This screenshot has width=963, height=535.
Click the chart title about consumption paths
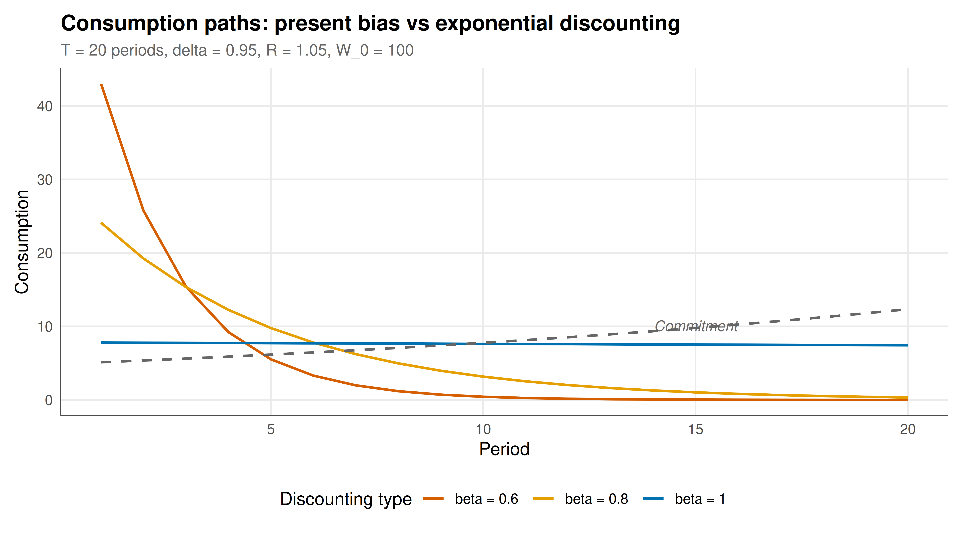pos(370,24)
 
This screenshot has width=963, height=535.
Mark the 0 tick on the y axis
pos(49,400)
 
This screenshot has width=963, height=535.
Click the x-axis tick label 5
pos(271,429)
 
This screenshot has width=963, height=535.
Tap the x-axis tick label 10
pos(483,429)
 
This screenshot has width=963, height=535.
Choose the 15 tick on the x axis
pos(695,429)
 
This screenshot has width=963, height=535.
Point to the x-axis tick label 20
pos(908,429)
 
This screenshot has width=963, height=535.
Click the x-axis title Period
pos(504,449)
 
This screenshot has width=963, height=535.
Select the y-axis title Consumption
pos(22,242)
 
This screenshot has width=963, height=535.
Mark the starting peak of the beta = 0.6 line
pos(101,85)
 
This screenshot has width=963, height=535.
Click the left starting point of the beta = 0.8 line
pos(101,223)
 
